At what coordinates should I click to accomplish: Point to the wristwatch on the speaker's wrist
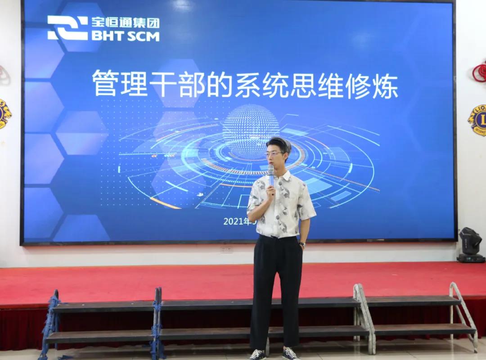[x=302, y=245]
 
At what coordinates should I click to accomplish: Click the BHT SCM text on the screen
[x=126, y=36]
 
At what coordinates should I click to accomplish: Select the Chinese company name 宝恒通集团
[x=126, y=22]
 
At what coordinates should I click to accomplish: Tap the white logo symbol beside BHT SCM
[x=67, y=28]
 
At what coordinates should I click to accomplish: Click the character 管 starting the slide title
[x=103, y=84]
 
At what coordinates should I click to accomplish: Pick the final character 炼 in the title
[x=387, y=85]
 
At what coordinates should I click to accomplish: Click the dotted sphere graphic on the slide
[x=251, y=130]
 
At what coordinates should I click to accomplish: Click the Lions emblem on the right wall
[x=478, y=120]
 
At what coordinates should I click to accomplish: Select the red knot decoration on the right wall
[x=480, y=72]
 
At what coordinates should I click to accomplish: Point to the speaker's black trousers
[x=276, y=288]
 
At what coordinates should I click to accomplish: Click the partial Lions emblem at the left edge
[x=4, y=114]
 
